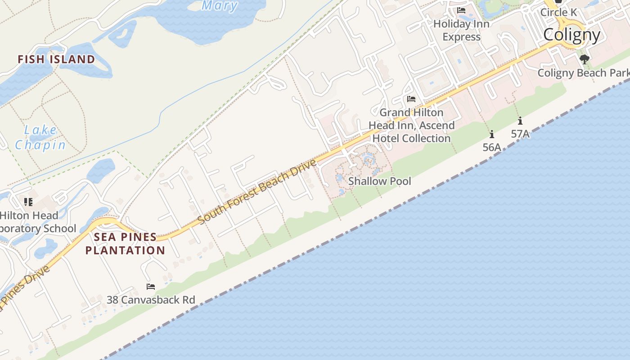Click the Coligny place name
571,35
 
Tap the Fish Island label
56,59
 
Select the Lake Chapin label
40,138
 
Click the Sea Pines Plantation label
125,243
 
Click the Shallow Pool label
380,181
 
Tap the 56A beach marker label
492,147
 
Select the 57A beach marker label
520,134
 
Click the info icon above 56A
492,134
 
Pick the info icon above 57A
520,121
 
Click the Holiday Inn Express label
461,30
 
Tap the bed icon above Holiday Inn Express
461,10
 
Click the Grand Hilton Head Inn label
411,125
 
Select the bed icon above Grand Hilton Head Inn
411,99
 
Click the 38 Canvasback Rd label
151,300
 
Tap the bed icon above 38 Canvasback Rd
151,286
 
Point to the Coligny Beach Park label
583,72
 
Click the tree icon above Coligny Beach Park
585,59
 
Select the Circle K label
558,12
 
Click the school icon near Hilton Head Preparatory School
28,202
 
